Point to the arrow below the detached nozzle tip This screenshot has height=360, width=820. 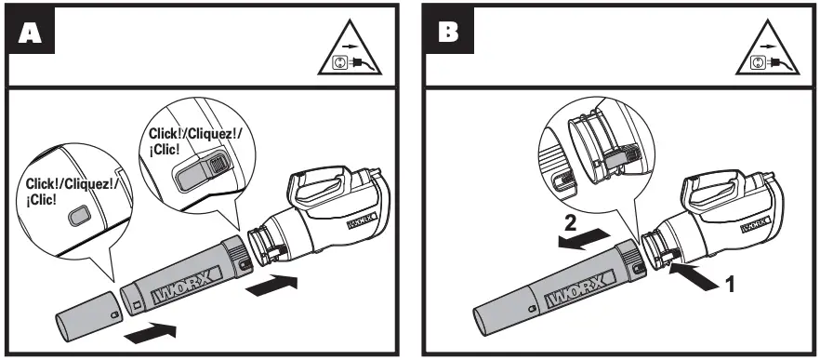pos(150,327)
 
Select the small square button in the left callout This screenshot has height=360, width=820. pos(81,216)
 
